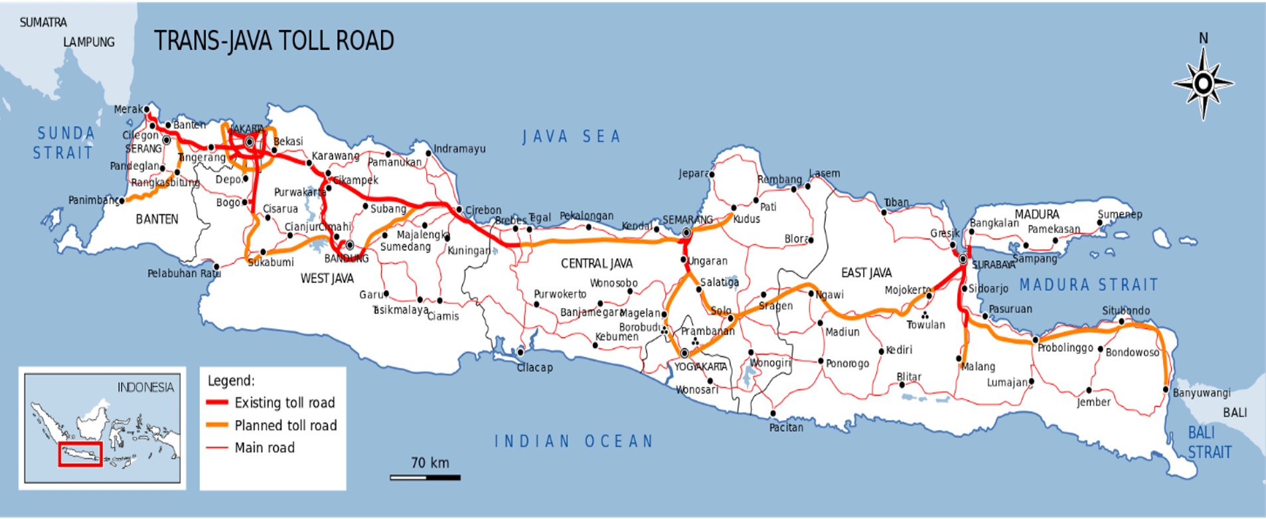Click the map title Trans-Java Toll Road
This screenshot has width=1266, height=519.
click(274, 41)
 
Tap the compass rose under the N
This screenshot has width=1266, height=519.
click(1203, 84)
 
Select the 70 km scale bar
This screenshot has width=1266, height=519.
click(425, 477)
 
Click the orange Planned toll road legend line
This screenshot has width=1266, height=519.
click(217, 425)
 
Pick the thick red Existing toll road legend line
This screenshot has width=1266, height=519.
click(217, 403)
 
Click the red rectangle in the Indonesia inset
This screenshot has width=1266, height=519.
click(80, 455)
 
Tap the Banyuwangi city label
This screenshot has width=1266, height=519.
click(1202, 393)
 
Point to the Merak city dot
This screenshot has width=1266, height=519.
click(147, 110)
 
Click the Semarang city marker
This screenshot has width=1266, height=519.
click(686, 233)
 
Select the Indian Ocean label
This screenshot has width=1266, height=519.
click(574, 441)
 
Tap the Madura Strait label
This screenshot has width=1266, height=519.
click(1089, 285)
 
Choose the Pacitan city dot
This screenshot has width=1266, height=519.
click(773, 413)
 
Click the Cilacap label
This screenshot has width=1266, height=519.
click(535, 368)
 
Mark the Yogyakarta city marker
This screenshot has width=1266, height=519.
click(684, 353)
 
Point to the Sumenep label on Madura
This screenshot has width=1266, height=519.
click(1120, 214)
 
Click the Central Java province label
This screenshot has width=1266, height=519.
click(596, 263)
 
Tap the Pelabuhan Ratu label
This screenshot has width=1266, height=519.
click(183, 273)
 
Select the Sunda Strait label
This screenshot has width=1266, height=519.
click(64, 143)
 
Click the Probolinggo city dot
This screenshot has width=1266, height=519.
click(1035, 340)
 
